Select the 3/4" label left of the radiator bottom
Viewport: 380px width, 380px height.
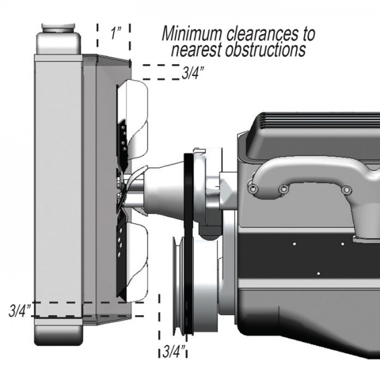point(20,311)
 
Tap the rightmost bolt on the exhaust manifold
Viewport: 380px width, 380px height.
point(346,190)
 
